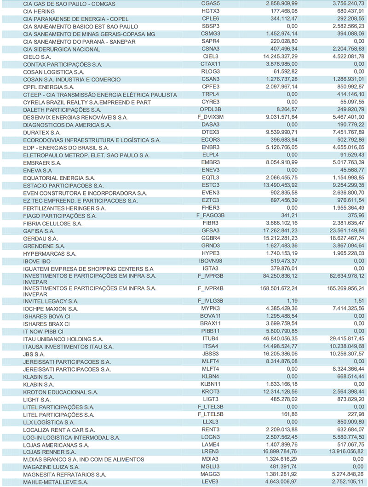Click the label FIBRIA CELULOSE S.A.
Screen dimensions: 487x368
[53, 223]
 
